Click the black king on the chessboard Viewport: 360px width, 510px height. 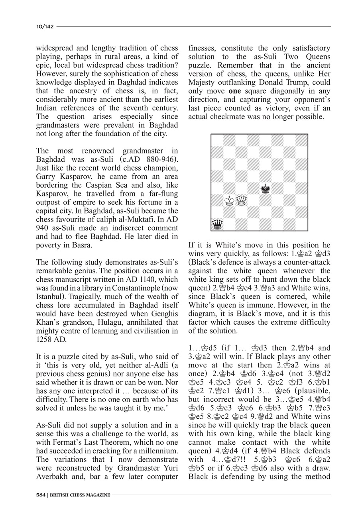coord(265,188)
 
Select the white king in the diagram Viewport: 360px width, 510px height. coord(229,200)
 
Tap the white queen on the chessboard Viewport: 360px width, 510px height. coord(241,200)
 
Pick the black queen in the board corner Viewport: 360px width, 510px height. coord(217,225)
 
